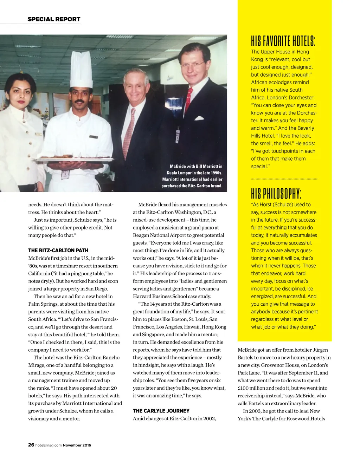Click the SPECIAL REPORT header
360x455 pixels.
(54, 19)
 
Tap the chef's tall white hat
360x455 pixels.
(81, 69)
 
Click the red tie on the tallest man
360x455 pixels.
(188, 100)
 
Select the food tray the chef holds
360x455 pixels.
(75, 160)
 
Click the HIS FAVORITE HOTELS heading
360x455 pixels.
(283, 41)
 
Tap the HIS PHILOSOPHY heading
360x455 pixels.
(276, 194)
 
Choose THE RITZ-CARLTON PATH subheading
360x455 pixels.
(58, 251)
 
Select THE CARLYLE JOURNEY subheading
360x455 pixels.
(161, 411)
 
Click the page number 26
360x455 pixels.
(31, 445)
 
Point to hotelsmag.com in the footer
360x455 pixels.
(49, 445)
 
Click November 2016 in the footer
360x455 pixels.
(77, 445)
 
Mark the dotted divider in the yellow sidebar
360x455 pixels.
(284, 179)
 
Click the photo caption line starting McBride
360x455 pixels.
(196, 166)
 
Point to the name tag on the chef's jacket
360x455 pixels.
(93, 137)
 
